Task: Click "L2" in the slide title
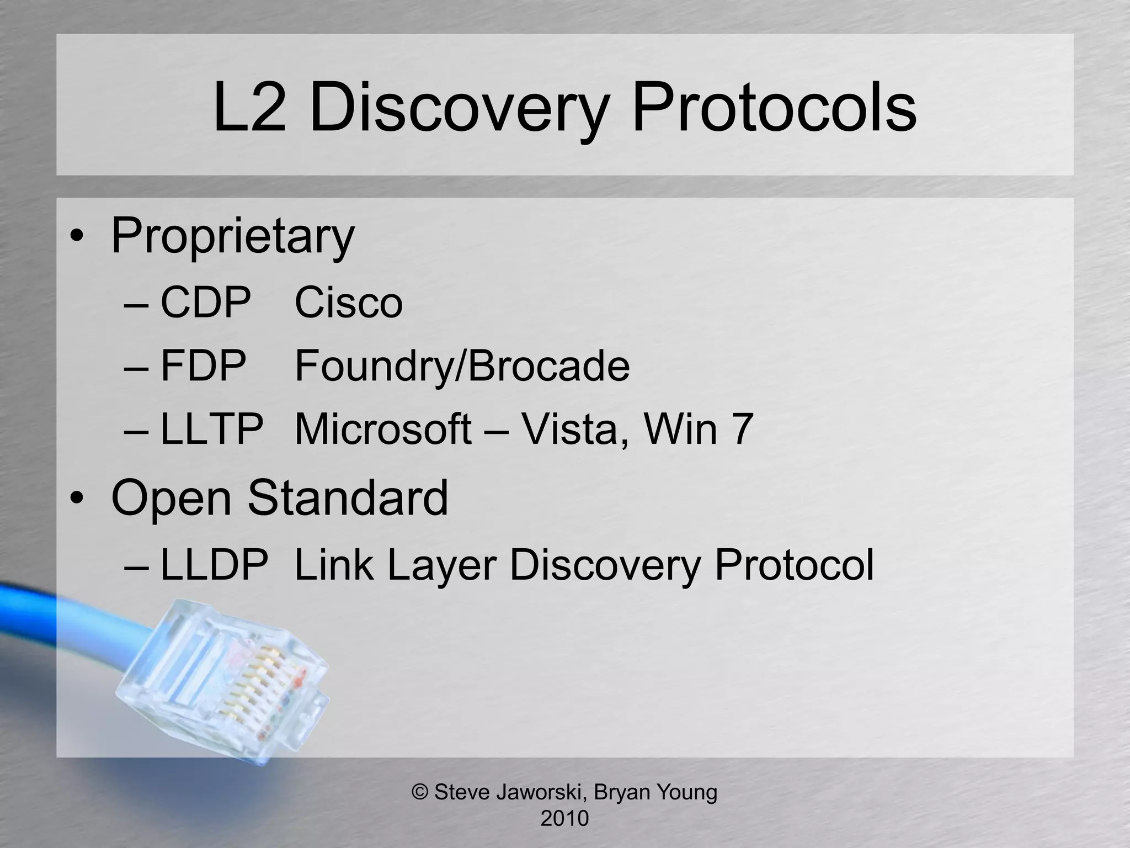pyautogui.click(x=249, y=107)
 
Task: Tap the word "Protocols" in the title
pyautogui.click(x=774, y=107)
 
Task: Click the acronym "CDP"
pyautogui.click(x=205, y=303)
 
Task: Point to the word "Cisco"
pyautogui.click(x=349, y=303)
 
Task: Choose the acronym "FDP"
pyautogui.click(x=203, y=365)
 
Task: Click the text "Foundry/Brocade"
pyautogui.click(x=462, y=367)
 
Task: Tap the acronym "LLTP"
pyautogui.click(x=212, y=429)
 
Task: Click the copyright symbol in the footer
pyautogui.click(x=420, y=792)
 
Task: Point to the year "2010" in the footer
pyautogui.click(x=564, y=818)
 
